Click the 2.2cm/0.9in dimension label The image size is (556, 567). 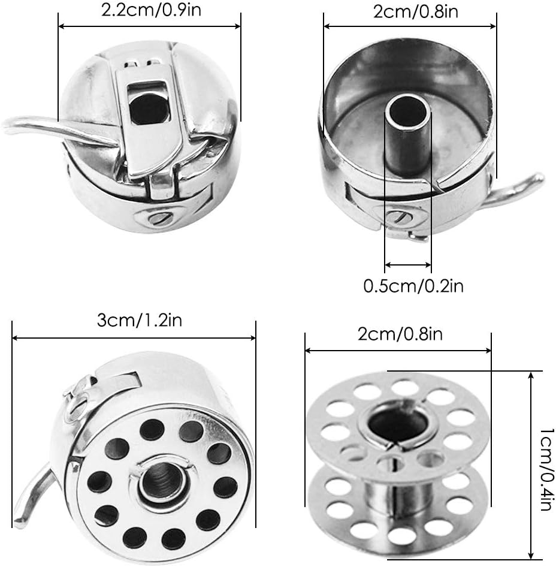[151, 10]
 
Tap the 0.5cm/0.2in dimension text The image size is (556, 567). [413, 286]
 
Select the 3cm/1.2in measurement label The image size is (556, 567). [139, 321]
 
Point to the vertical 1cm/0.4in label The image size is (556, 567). [547, 469]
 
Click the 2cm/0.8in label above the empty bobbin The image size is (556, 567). [400, 334]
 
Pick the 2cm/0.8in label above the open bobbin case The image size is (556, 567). [415, 11]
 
